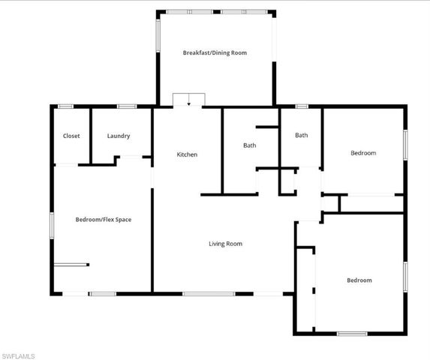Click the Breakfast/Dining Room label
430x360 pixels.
215,53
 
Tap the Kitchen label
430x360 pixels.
187,154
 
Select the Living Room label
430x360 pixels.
225,244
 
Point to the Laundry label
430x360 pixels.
119,136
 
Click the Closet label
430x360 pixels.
71,136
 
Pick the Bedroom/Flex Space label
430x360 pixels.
104,220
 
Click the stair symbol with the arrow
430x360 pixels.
188,100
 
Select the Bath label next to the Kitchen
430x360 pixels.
250,145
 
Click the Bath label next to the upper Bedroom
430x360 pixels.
301,136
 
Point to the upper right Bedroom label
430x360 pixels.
363,153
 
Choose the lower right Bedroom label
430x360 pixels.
359,280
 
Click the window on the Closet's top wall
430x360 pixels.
66,106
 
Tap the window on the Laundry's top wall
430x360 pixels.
127,106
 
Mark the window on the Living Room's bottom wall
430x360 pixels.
209,293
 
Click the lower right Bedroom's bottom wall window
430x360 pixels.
351,333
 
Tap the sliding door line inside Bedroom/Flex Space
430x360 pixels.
71,264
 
